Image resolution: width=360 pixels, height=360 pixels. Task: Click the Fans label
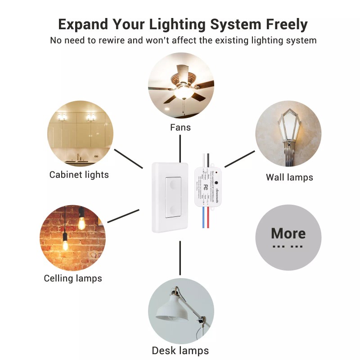coord(180,127)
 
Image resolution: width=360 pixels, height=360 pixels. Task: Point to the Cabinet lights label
coord(79,175)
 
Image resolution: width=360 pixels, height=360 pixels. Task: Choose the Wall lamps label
coord(289,177)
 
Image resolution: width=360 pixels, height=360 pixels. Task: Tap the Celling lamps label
coord(73,278)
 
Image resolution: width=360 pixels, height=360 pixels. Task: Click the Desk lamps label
coord(180,351)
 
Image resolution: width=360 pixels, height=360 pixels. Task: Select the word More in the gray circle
coord(288,234)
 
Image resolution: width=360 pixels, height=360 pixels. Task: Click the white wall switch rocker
coord(173,198)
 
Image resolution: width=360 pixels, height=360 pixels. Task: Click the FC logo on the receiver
coord(205,186)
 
